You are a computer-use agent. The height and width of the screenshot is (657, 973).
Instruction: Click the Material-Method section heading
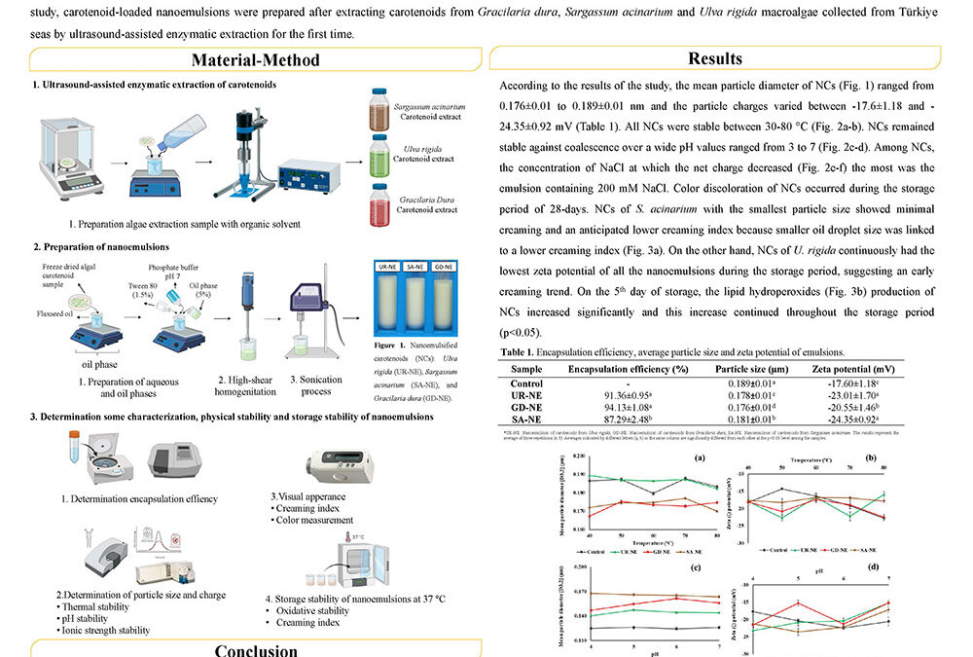click(x=255, y=59)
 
